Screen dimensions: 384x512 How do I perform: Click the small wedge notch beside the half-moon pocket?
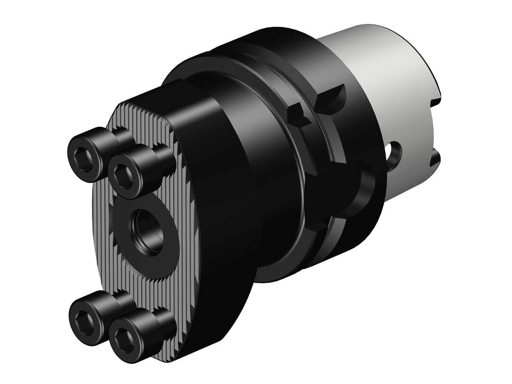(299, 115)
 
